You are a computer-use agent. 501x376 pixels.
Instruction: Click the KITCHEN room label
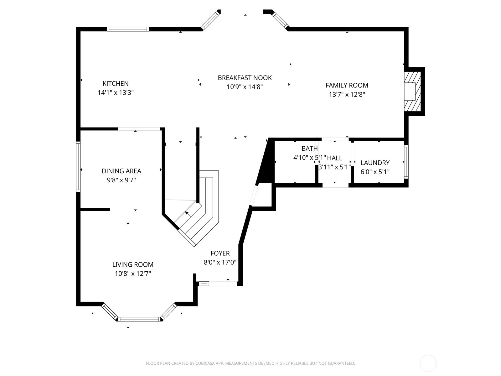pos(116,84)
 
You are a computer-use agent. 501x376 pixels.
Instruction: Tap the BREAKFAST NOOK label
pos(245,78)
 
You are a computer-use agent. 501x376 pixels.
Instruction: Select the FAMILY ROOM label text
pos(347,85)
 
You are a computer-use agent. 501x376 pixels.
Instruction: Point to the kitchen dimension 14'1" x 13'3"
pos(116,93)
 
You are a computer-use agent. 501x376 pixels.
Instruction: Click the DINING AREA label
pos(121,171)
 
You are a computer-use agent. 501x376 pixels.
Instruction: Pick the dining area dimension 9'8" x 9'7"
pos(121,180)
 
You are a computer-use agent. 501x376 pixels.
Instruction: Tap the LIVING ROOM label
pos(133,264)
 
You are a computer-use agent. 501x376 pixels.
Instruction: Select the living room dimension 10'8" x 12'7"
pos(133,274)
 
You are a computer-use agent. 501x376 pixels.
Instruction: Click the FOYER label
pos(220,253)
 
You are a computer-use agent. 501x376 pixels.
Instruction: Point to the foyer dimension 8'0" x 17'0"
pos(220,262)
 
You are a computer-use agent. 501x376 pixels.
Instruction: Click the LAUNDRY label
pos(375,163)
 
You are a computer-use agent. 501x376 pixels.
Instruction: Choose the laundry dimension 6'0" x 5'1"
pos(375,172)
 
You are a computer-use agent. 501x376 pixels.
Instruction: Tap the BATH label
pos(309,149)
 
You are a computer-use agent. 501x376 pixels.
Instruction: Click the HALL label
pos(335,158)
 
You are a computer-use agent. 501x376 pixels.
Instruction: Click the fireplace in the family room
pos(412,91)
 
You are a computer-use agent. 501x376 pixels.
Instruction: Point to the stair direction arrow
pos(188,214)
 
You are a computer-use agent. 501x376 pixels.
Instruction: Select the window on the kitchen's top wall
pos(128,29)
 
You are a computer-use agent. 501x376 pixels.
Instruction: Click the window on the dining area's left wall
pos(78,167)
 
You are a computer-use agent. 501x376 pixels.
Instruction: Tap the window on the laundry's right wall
pos(406,162)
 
